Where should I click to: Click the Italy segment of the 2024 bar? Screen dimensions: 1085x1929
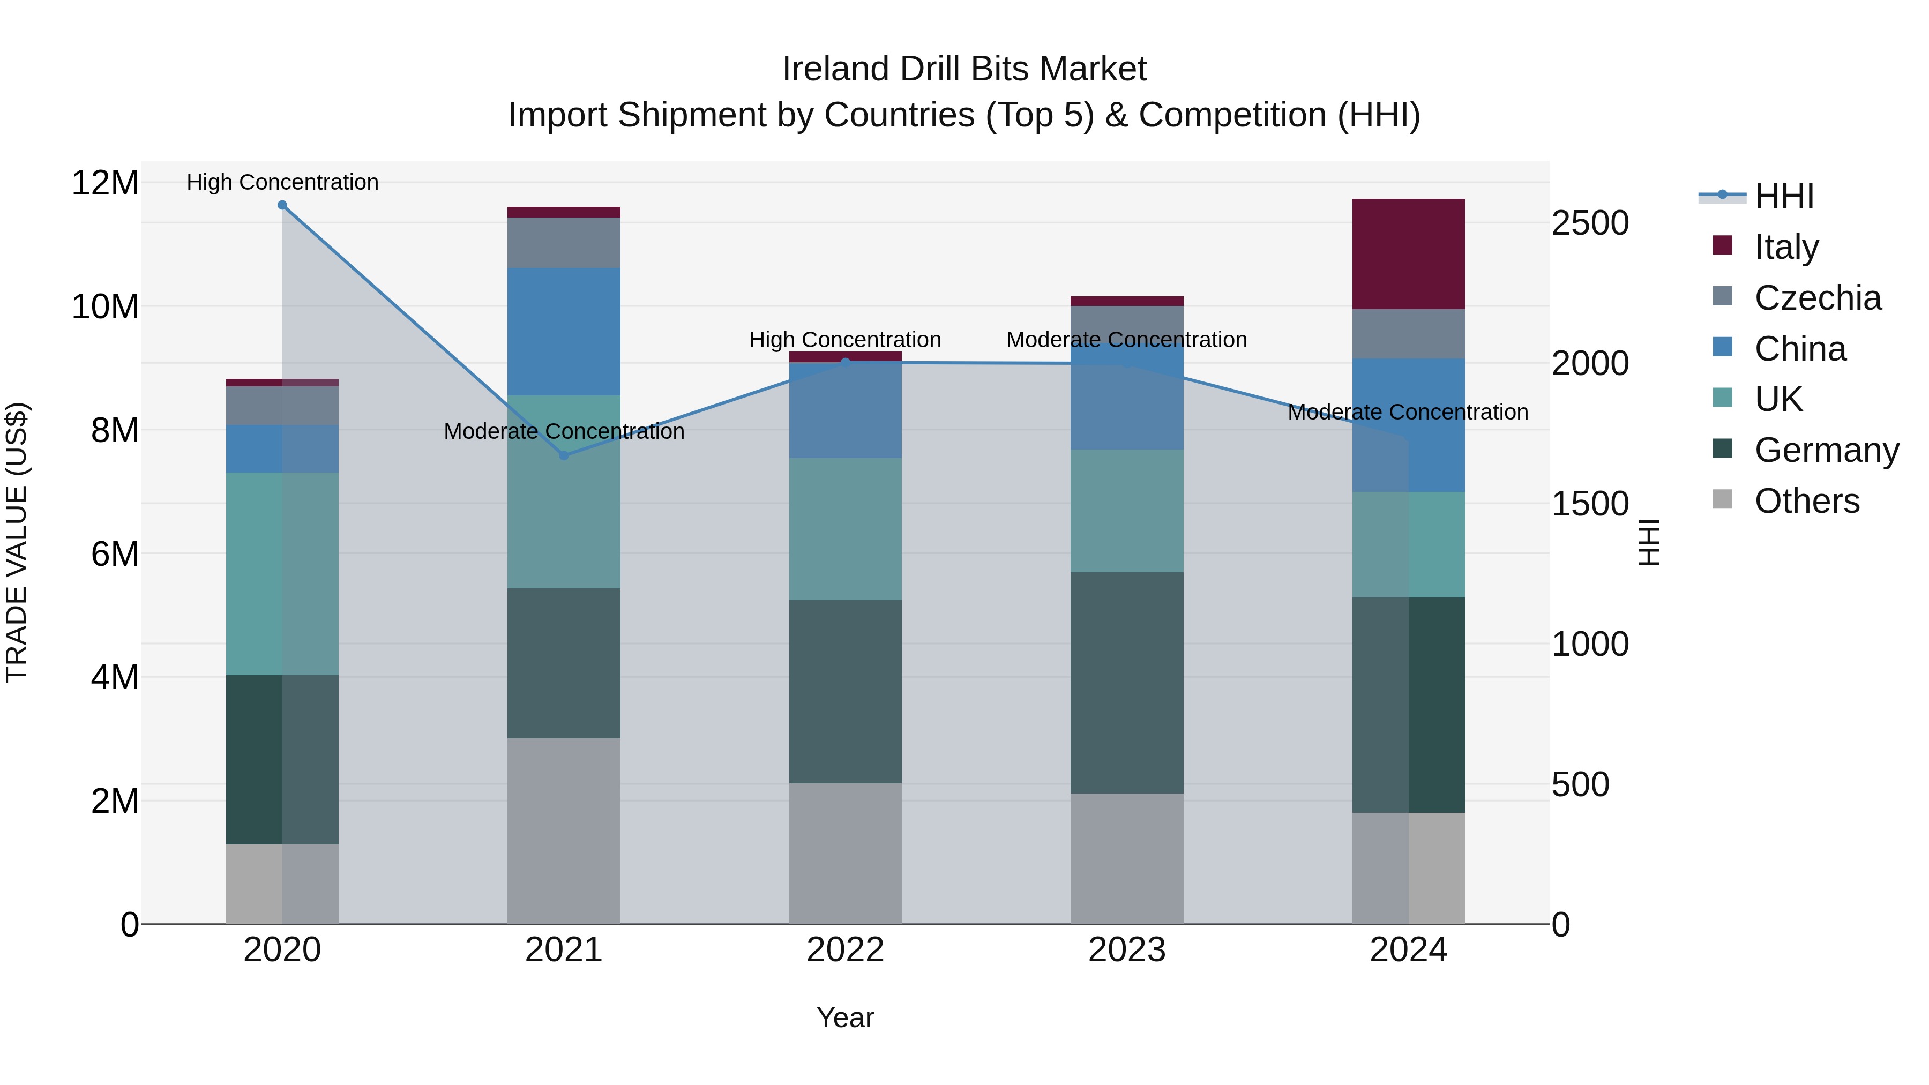click(1408, 254)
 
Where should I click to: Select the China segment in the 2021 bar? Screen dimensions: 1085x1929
click(564, 331)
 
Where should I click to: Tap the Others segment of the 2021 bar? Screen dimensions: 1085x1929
click(564, 830)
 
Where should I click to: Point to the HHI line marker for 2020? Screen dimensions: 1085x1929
click(282, 205)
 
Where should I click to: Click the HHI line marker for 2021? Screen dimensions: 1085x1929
click(564, 455)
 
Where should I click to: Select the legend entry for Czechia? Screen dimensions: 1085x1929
click(1818, 298)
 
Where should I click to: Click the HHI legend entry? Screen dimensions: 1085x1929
click(1784, 196)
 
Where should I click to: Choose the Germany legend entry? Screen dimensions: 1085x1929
click(1827, 450)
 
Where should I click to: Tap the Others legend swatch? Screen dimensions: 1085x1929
click(1722, 499)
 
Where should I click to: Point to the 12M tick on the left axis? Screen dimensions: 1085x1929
click(105, 183)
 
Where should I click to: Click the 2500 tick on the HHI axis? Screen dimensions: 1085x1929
click(1590, 223)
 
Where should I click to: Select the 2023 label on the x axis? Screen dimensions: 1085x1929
click(1126, 950)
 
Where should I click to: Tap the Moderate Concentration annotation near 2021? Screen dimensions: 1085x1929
click(564, 431)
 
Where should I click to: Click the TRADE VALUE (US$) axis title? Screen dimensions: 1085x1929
click(17, 542)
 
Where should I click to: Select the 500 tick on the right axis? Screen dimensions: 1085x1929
click(1580, 785)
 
